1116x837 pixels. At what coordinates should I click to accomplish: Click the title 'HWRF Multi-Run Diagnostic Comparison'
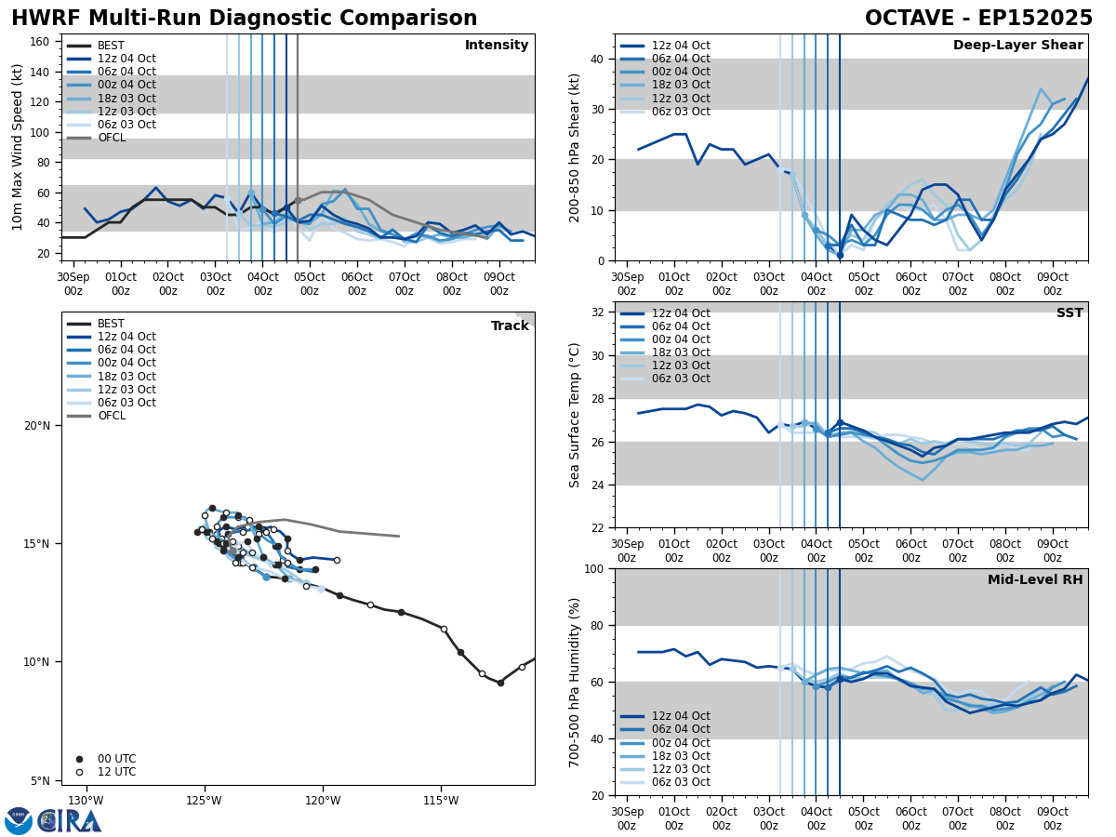[244, 19]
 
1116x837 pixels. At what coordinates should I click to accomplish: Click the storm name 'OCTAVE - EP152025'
[978, 19]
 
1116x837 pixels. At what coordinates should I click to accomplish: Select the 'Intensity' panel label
[496, 46]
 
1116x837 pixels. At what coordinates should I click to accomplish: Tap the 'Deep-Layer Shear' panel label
[1017, 46]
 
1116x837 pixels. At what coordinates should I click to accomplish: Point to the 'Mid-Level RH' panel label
[1035, 580]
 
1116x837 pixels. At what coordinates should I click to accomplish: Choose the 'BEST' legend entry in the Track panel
[111, 324]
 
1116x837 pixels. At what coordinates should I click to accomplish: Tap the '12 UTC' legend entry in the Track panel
[116, 772]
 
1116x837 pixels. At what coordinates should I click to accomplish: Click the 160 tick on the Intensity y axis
[41, 41]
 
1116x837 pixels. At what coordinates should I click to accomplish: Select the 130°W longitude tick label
[86, 801]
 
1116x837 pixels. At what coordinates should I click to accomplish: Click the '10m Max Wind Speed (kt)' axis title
[18, 147]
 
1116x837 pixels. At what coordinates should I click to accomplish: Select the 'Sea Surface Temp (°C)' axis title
[575, 415]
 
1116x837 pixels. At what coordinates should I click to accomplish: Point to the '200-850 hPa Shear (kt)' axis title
[575, 147]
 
